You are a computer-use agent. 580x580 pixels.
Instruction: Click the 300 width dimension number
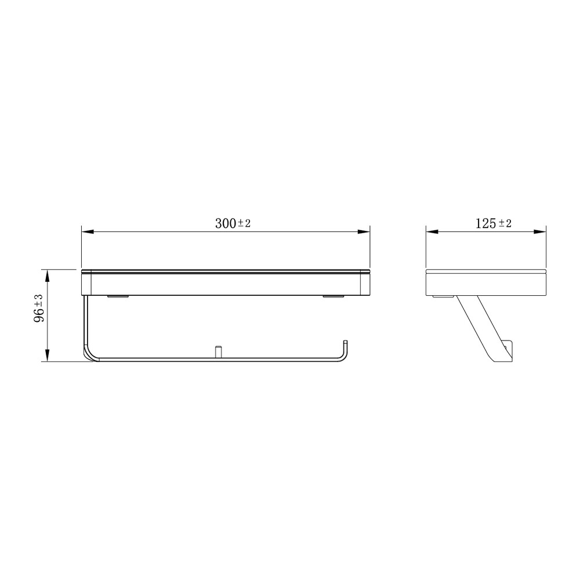tap(226, 223)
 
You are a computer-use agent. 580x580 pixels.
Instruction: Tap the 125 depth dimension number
tap(485, 223)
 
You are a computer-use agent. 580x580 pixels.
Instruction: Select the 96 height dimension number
tap(39, 314)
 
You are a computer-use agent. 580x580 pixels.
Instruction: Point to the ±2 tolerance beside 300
tap(244, 223)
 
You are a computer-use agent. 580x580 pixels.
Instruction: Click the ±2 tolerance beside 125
tap(505, 223)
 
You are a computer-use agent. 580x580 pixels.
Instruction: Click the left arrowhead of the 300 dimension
tap(88, 232)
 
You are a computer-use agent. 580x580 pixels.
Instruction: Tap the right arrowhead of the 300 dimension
tap(364, 232)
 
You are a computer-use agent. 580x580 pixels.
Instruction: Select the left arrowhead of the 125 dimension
tap(432, 232)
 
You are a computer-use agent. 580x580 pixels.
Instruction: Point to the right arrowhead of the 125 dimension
tap(540, 232)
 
